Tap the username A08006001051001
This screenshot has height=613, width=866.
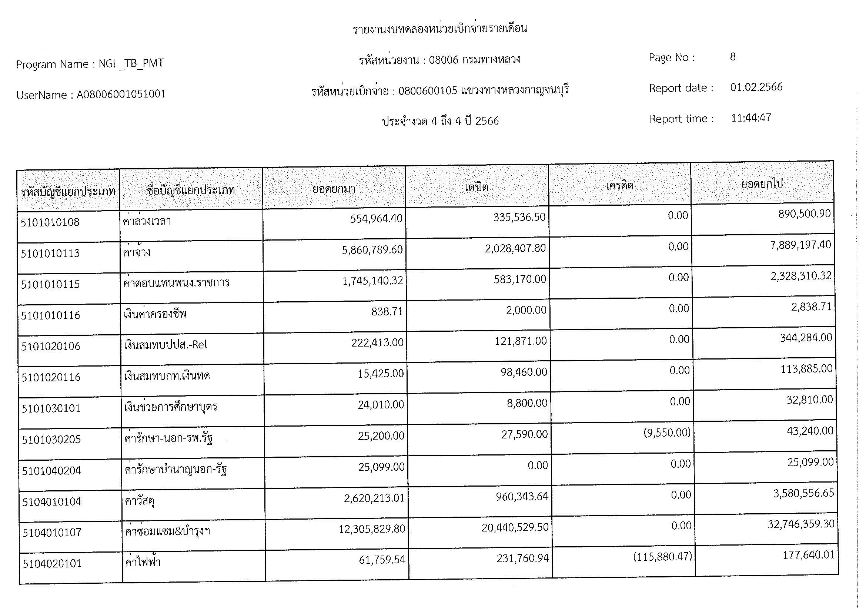click(x=121, y=95)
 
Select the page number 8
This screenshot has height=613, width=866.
click(x=732, y=57)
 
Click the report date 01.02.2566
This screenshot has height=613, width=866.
click(x=756, y=87)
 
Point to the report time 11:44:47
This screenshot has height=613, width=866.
click(x=750, y=118)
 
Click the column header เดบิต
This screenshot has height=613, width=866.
click(x=477, y=187)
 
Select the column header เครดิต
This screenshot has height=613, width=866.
click(x=619, y=186)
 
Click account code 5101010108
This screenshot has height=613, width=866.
click(x=50, y=222)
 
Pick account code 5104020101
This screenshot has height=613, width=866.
click(x=52, y=564)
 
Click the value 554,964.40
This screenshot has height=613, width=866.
click(x=376, y=219)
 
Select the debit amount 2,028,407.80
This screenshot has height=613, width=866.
click(x=515, y=248)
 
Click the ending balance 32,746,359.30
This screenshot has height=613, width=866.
click(x=800, y=524)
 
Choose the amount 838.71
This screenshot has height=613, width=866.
click(x=387, y=311)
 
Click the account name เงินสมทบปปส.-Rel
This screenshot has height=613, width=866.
click(x=165, y=345)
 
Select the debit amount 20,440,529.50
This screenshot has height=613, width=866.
click(x=515, y=527)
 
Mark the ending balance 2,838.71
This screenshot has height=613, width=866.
click(x=811, y=307)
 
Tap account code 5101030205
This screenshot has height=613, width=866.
click(x=51, y=440)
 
